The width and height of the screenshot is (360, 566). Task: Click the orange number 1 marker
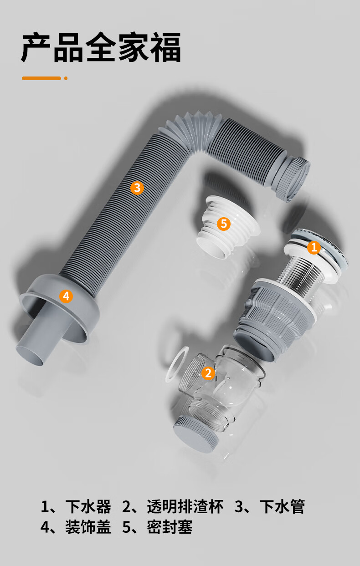[x=314, y=247]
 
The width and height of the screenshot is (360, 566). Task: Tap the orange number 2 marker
[x=208, y=373]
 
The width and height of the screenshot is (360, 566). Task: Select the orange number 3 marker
[x=137, y=188]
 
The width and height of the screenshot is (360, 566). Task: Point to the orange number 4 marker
[x=66, y=296]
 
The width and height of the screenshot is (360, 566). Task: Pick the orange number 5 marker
[x=224, y=224]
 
